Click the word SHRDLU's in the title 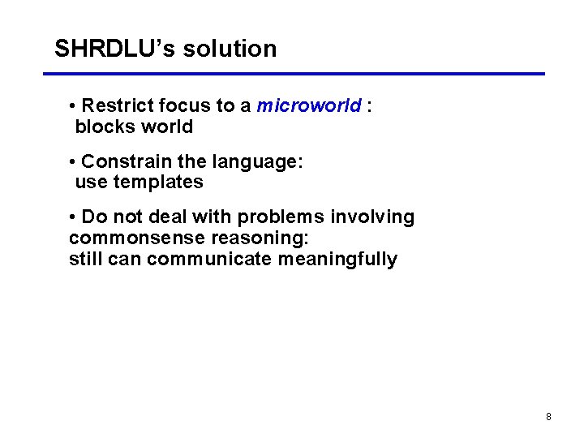point(115,49)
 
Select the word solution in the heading point(230,49)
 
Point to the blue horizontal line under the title point(294,74)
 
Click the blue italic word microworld point(309,106)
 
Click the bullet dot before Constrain point(73,162)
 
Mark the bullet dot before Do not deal point(73,217)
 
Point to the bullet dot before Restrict point(73,106)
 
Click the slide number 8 point(548,417)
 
